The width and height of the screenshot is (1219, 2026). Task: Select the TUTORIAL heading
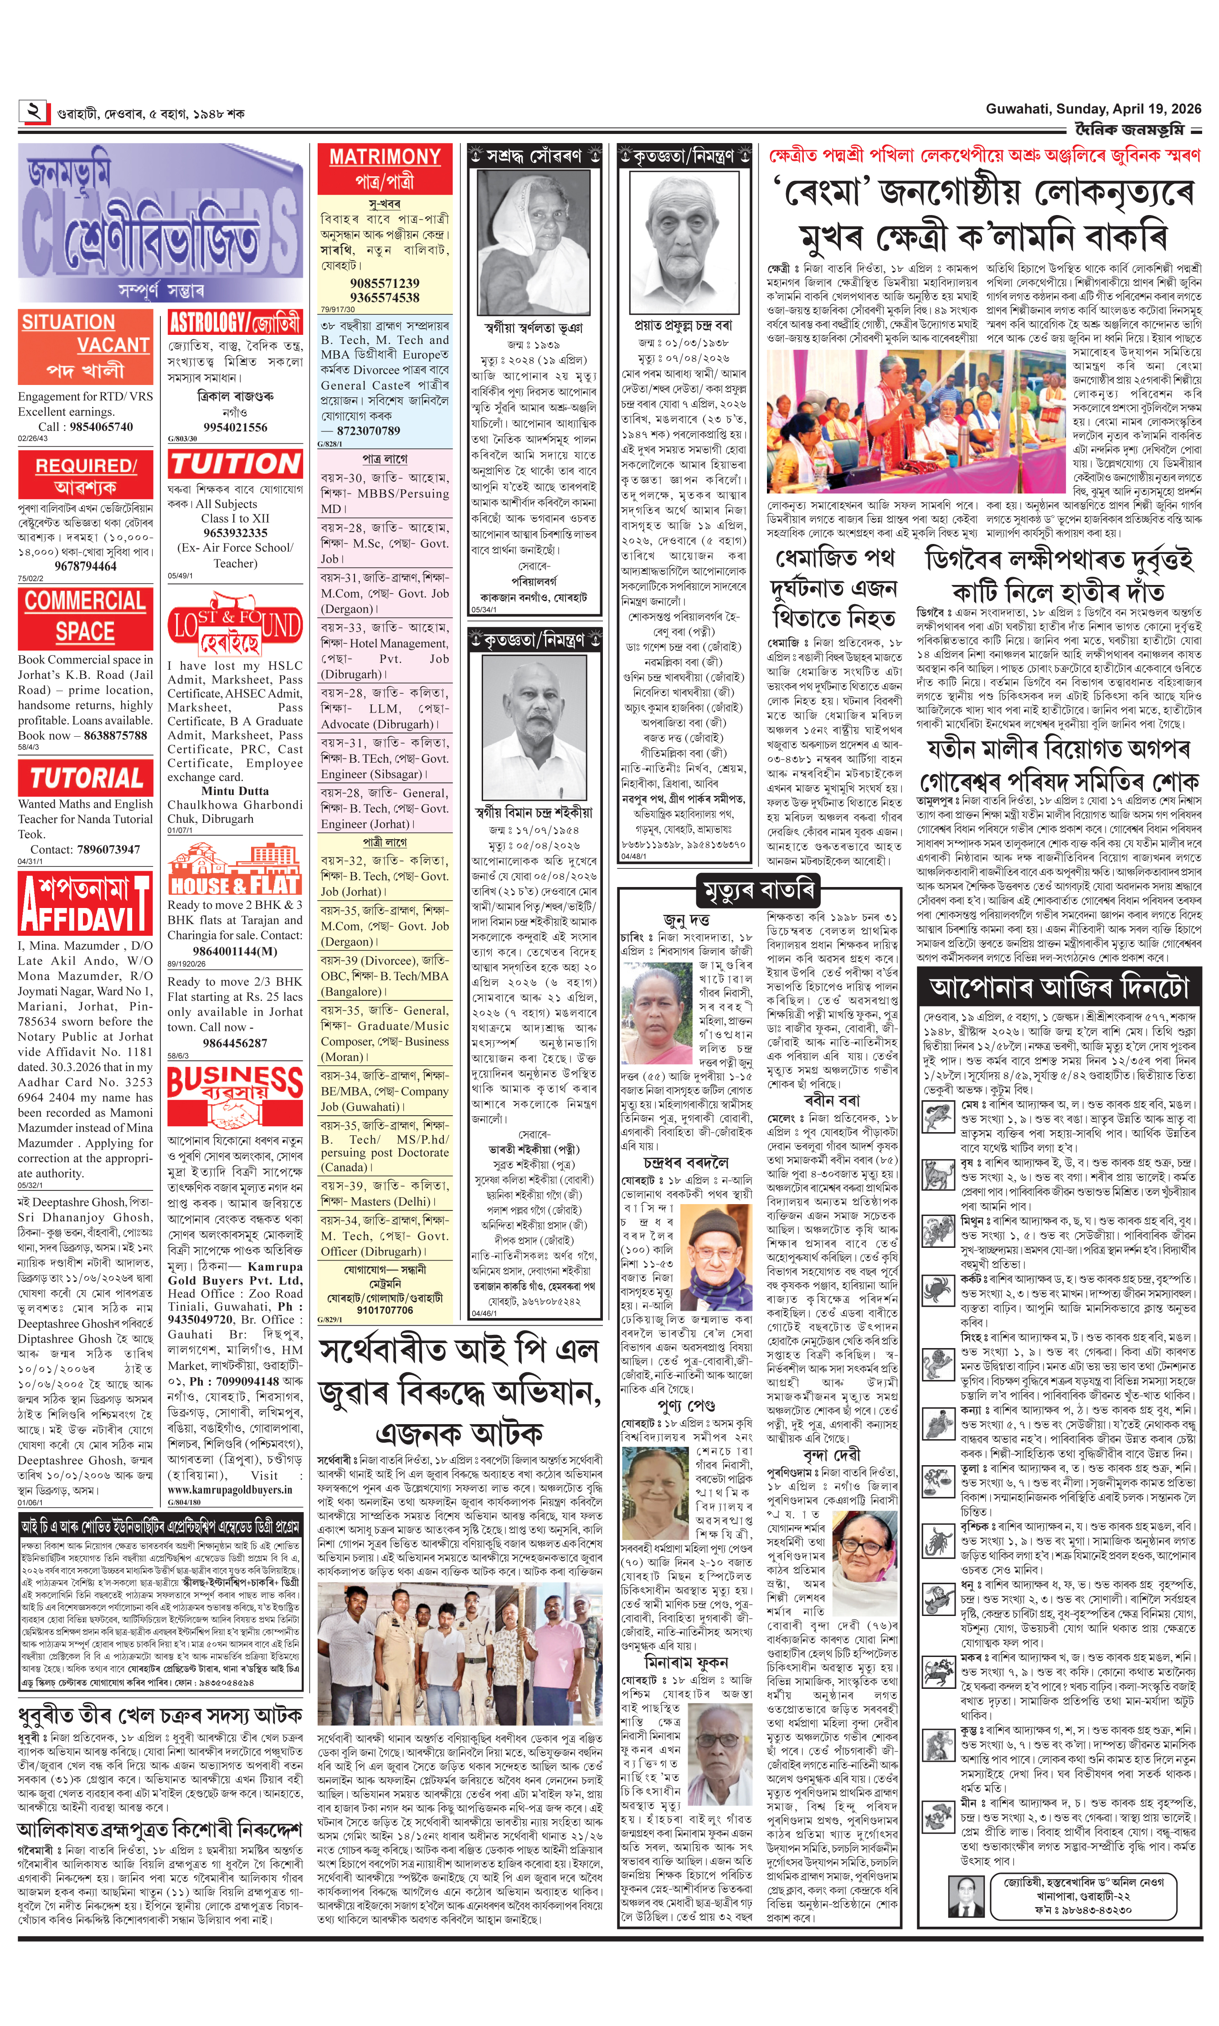click(x=85, y=777)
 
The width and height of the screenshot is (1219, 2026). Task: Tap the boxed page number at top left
click(x=34, y=111)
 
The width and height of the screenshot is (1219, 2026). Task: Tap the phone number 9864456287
click(x=235, y=1043)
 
